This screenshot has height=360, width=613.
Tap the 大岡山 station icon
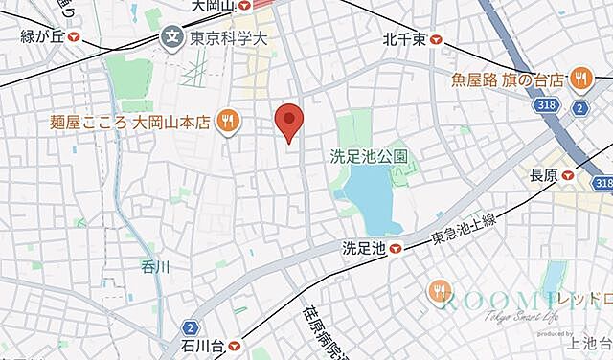coord(244,6)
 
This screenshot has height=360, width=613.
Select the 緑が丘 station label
coord(44,38)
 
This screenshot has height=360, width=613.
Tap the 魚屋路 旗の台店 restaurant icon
coord(580,79)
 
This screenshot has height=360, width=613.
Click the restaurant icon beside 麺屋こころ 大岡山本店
coord(227,120)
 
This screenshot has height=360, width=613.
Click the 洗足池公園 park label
coord(370,154)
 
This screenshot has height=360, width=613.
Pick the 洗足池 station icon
coord(395,249)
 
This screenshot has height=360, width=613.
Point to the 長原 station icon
coord(568,174)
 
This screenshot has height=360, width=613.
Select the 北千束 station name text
coord(403,39)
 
